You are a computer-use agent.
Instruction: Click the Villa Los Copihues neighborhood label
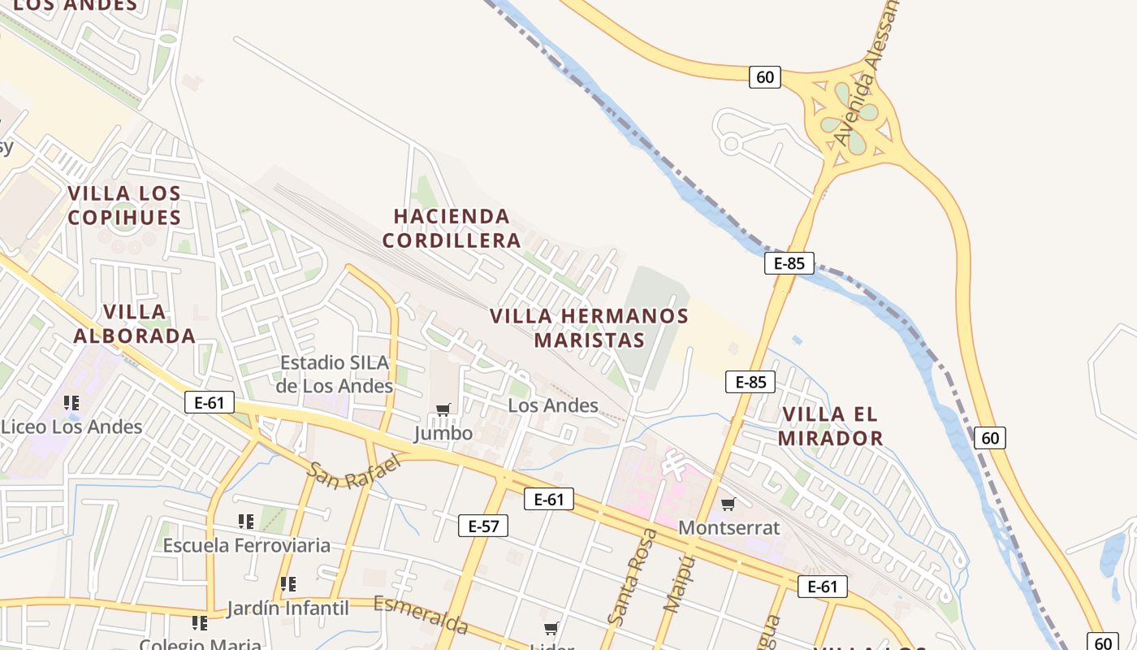point(124,206)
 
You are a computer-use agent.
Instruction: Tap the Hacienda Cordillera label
point(452,228)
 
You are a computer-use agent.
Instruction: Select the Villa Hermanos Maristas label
point(589,328)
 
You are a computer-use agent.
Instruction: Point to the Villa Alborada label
point(135,323)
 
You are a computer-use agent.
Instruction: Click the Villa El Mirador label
point(830,427)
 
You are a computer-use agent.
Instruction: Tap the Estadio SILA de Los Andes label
point(334,375)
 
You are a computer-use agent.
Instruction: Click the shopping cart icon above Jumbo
point(443,410)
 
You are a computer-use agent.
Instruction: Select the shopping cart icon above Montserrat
point(728,505)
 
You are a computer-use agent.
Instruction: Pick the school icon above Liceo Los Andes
point(71,403)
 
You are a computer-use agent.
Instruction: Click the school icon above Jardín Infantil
point(287,584)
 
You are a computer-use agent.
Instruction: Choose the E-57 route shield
point(483,526)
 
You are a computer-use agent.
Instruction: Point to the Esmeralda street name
point(421,615)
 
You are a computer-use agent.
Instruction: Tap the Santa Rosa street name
point(632,577)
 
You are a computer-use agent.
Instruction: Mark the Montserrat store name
point(728,527)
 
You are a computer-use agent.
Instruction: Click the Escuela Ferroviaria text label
point(247,545)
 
